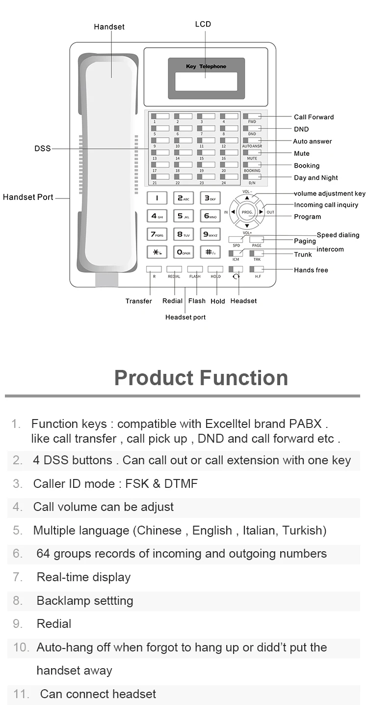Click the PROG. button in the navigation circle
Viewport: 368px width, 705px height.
[247, 212]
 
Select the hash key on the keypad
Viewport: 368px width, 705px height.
[210, 252]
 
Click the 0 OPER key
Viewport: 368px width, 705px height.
[184, 252]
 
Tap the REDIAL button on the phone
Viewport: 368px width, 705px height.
[174, 269]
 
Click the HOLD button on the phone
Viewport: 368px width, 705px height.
[215, 269]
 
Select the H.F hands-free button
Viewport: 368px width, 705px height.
[257, 269]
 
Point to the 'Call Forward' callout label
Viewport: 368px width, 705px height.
[314, 117]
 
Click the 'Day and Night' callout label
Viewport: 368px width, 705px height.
[315, 178]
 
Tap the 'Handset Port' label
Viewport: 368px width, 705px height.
[28, 197]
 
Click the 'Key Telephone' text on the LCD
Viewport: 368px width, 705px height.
[206, 66]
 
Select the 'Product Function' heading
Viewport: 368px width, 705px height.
[201, 378]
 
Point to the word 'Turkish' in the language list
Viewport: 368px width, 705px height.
[304, 531]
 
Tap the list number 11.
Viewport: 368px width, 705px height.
[22, 694]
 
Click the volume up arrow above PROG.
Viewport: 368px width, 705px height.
[247, 197]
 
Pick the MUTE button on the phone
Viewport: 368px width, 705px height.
[252, 152]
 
